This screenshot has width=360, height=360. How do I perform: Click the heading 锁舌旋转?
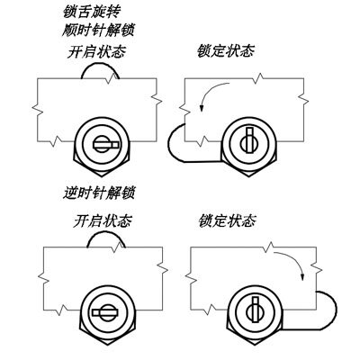92,12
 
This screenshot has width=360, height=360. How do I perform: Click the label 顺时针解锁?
98,31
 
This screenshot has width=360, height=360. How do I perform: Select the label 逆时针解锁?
99,193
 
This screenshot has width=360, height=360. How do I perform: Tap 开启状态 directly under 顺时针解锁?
96,52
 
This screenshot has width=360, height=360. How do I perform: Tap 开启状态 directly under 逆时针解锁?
103,221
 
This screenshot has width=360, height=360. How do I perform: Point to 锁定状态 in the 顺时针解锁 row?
226,50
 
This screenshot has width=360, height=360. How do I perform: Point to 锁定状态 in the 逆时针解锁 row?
228,221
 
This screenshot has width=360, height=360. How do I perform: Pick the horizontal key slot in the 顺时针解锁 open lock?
106,145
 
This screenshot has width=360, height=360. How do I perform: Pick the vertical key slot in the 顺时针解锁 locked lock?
248,140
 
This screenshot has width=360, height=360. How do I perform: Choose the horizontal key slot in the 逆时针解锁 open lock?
104,313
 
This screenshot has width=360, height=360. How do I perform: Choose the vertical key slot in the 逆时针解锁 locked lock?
256,310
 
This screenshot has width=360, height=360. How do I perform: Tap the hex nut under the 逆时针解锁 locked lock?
255,331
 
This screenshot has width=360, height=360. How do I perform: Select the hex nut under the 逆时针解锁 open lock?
108,331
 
